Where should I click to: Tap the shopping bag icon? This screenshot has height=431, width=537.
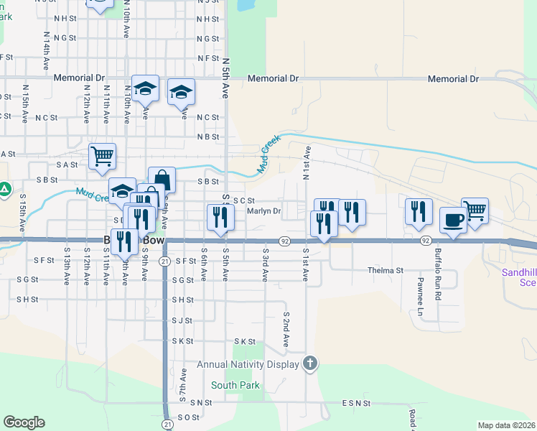162,179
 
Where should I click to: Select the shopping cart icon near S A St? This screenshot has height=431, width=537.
102,156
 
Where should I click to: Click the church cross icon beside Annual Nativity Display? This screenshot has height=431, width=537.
309,363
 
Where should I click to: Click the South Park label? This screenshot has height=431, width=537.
235,386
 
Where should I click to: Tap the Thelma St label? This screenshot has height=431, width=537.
386,271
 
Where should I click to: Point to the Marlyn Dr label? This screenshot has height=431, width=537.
263,211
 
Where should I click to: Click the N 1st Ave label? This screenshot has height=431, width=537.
307,162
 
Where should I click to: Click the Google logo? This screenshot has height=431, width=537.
24,422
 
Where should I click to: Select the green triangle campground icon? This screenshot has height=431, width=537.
5,190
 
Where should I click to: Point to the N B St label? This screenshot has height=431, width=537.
207,136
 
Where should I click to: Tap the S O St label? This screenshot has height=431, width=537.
187,417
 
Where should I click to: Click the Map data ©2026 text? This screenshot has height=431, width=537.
505,425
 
